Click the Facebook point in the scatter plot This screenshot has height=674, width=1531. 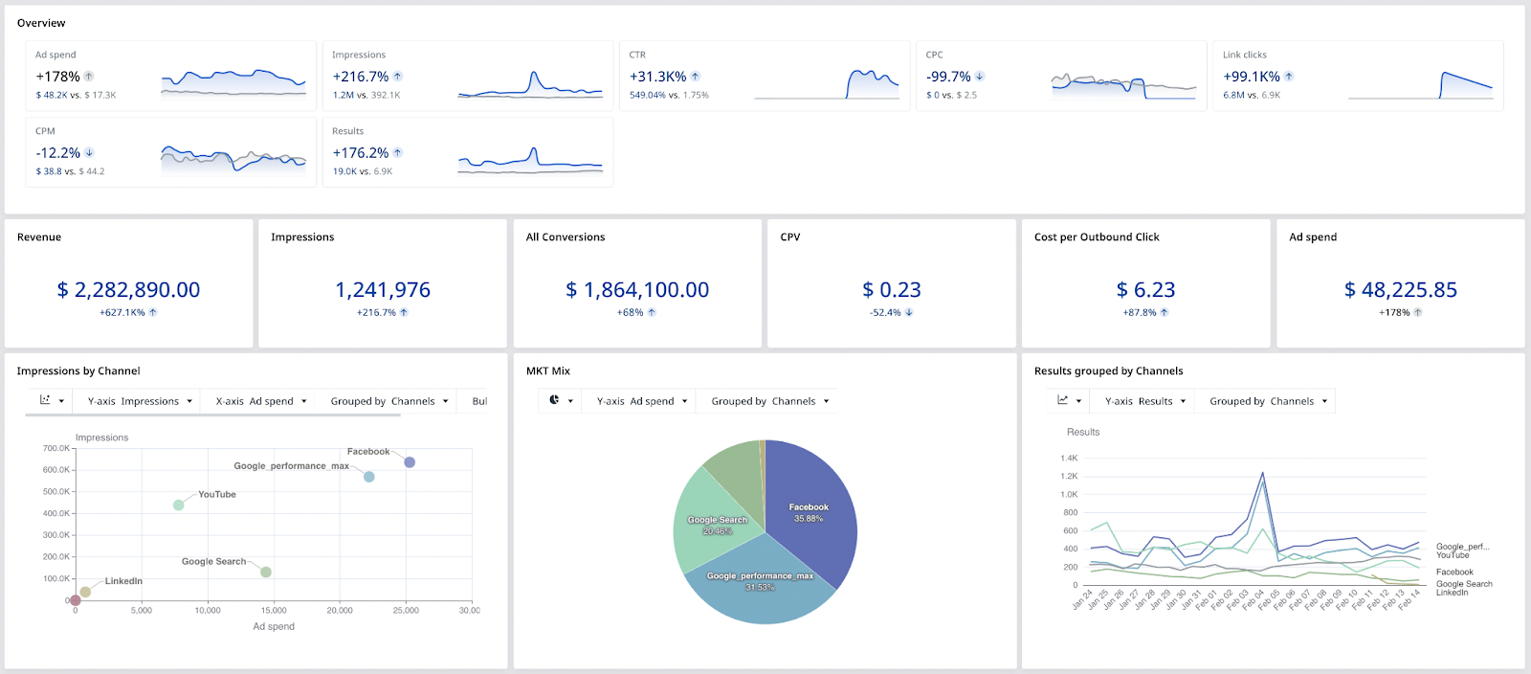click(410, 462)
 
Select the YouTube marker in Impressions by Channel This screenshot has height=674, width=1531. click(179, 505)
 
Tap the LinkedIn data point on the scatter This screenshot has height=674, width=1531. click(85, 592)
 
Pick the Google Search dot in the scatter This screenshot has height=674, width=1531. click(266, 572)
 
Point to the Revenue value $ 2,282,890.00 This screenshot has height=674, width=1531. click(128, 290)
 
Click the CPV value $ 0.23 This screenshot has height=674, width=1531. click(891, 290)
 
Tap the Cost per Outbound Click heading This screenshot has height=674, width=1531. click(1097, 237)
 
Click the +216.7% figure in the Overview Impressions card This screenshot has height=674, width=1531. click(361, 77)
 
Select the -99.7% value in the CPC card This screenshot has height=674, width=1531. click(948, 77)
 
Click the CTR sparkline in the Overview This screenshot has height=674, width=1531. click(827, 84)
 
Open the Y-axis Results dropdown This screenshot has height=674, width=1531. click(1144, 401)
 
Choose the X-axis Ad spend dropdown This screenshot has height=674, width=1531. click(261, 401)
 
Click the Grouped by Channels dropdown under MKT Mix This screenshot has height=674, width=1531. click(769, 401)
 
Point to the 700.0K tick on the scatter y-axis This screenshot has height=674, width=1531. click(56, 448)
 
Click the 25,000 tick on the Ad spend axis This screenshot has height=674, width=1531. click(406, 610)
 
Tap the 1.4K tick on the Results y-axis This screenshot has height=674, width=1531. click(1069, 459)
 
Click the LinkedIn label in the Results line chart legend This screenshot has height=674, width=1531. click(1452, 593)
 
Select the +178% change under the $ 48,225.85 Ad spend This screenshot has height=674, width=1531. click(1394, 313)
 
